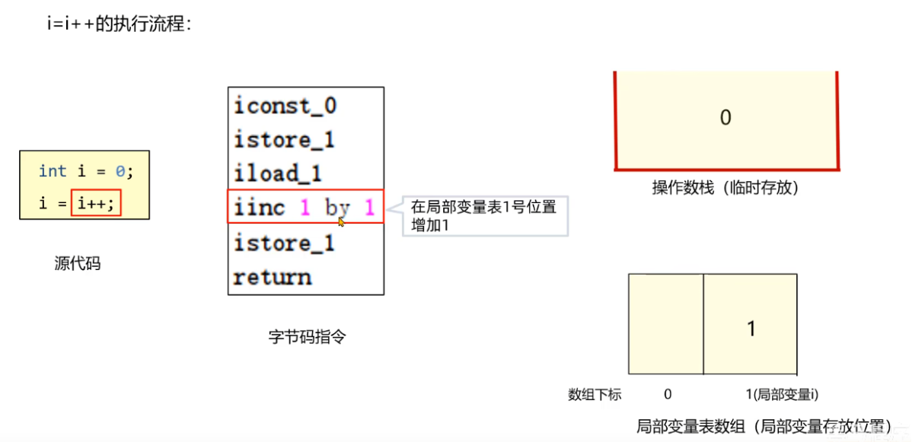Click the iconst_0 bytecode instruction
(x=285, y=105)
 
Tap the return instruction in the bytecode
(x=272, y=277)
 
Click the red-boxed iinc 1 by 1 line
(x=305, y=208)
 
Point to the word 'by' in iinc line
(x=337, y=208)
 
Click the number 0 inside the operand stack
(x=725, y=117)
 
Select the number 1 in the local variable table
(x=751, y=329)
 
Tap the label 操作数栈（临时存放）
(x=725, y=187)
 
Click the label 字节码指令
(x=307, y=336)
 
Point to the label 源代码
(x=78, y=264)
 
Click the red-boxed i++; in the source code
(x=96, y=204)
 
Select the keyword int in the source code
(x=53, y=171)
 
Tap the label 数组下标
(x=595, y=394)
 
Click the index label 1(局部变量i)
(x=781, y=394)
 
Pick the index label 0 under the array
(x=668, y=394)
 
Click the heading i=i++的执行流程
(x=119, y=24)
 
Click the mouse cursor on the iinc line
(x=342, y=221)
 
